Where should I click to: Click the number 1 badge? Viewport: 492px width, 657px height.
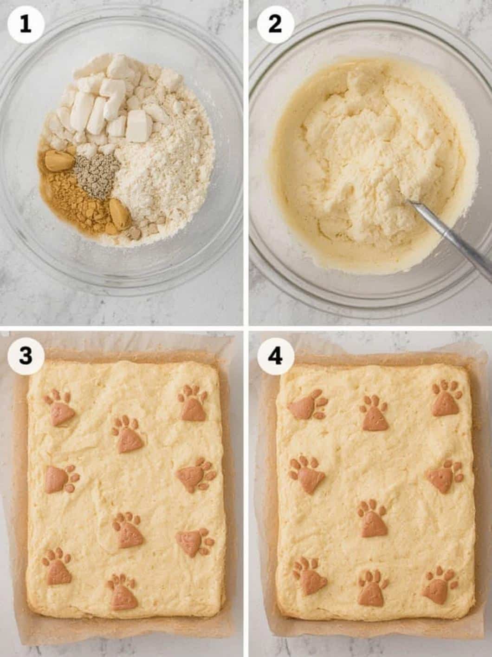[25, 24]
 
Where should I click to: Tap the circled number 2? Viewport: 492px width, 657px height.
[275, 24]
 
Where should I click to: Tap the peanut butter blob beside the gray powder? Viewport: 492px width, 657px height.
[59, 160]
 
